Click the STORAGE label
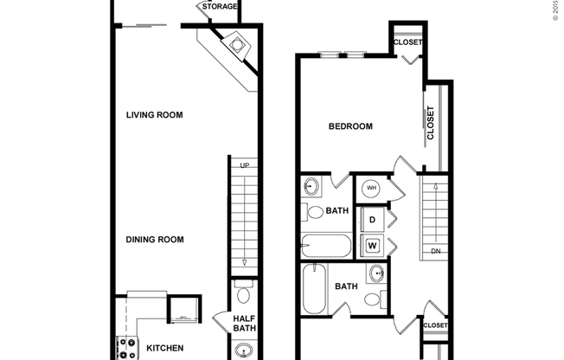tap(220, 7)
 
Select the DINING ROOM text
tap(156, 240)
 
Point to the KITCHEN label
tap(164, 348)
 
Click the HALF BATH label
tap(245, 324)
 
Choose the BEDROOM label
tap(350, 126)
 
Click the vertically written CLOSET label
tap(430, 124)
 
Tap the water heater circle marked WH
tap(371, 188)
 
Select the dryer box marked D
tap(372, 220)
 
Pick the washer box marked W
tap(372, 246)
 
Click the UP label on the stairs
tap(245, 165)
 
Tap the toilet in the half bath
tap(243, 286)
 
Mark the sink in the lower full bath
tap(376, 274)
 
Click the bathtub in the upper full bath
tap(326, 246)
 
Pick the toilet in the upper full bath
tap(315, 211)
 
